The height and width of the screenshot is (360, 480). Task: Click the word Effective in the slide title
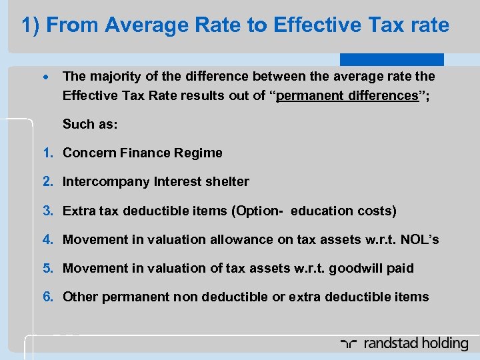click(311, 25)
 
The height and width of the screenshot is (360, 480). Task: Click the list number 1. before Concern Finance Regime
click(48, 153)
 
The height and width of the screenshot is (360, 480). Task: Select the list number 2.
click(48, 181)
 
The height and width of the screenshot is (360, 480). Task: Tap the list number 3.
click(48, 211)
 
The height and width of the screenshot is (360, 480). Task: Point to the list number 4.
click(48, 239)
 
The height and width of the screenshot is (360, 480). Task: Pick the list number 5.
click(48, 268)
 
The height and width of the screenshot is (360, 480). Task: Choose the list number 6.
click(48, 297)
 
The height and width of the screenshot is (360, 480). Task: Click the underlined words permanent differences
click(347, 95)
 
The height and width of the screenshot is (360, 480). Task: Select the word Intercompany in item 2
click(106, 181)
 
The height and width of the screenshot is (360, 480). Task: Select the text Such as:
click(87, 124)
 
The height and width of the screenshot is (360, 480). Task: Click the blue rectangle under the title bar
click(391, 59)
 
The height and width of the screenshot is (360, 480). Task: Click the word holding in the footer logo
click(443, 343)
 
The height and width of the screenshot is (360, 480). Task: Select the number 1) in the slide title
click(31, 25)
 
